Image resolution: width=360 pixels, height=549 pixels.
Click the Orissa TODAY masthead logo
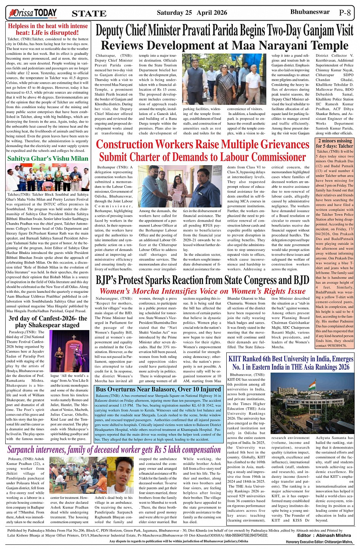point(32,13)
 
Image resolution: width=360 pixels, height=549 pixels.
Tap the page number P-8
point(345,13)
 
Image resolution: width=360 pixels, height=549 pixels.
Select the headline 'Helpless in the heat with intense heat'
point(48,29)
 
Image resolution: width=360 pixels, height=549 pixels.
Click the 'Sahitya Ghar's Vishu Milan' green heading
point(48,158)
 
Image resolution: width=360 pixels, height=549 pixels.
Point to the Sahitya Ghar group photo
point(48,178)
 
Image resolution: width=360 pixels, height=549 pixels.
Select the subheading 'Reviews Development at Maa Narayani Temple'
point(224,46)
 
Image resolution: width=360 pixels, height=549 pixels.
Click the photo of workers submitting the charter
point(180,185)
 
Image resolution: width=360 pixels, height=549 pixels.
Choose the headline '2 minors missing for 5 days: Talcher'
point(335,144)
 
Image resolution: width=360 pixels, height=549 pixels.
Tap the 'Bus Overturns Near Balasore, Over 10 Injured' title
point(158,389)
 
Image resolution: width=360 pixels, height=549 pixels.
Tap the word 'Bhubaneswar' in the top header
point(310,12)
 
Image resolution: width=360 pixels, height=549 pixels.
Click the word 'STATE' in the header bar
point(89,14)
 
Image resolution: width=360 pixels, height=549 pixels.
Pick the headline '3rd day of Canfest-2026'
point(48,322)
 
